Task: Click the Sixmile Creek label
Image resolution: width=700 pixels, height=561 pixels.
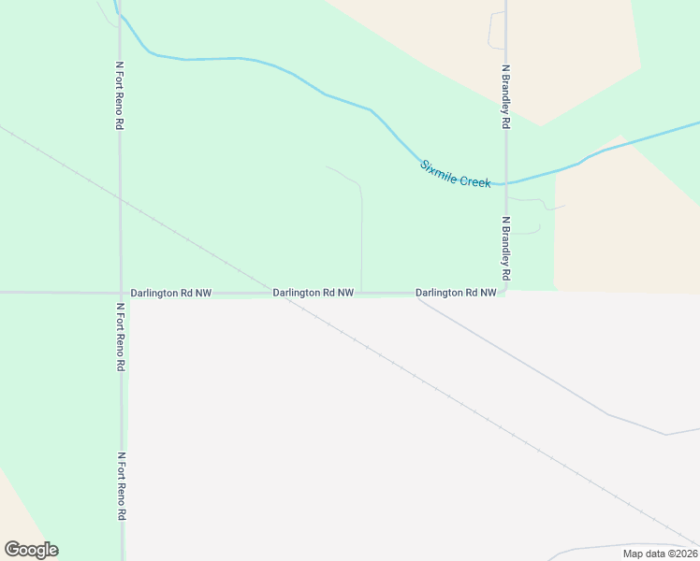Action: coord(455,174)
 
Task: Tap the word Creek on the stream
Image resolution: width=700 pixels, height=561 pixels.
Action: coord(475,180)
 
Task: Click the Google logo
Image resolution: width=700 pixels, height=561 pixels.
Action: coord(31,550)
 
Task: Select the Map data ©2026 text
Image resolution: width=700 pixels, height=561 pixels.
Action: coord(660,553)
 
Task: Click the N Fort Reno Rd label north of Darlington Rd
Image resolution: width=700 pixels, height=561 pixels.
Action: coord(120,95)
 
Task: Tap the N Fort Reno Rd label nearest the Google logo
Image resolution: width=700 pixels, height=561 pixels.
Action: coord(122,486)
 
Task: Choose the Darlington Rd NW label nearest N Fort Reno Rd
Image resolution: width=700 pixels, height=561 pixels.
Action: coord(171,293)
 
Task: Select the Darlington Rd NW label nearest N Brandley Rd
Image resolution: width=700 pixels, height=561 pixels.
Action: coord(456,293)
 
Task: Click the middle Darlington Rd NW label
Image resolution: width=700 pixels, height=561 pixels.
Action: coord(313,293)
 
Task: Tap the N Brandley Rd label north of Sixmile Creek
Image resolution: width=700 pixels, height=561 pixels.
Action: coord(505,96)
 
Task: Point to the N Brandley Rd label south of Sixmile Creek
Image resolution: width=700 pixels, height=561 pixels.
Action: coord(505,250)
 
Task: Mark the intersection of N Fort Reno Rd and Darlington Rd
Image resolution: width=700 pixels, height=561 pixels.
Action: coord(121,293)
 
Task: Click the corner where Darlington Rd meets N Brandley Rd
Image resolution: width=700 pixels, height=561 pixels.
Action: coord(505,291)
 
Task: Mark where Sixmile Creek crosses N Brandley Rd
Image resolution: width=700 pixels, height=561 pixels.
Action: coord(505,183)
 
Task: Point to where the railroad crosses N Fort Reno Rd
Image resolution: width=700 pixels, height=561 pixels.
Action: coord(120,198)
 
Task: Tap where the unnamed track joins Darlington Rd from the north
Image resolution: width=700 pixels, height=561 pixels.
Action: coord(362,292)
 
